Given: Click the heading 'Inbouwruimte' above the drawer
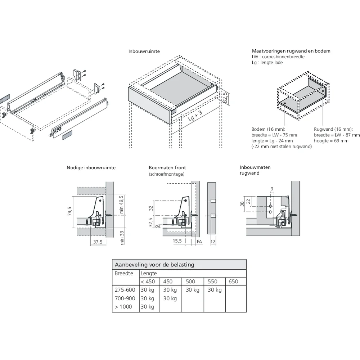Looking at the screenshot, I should click(144, 51).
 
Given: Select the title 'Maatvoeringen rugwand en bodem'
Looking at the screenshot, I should click(291, 51).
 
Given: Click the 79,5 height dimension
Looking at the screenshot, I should click(69, 212).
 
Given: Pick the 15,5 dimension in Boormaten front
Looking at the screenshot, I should click(177, 241).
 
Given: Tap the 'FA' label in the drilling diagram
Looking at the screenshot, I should click(199, 241).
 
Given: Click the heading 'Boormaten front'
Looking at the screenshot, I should click(167, 168).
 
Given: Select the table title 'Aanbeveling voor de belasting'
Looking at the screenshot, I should click(154, 265).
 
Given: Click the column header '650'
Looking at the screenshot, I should click(233, 282).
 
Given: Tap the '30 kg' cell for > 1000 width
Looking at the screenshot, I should click(147, 307).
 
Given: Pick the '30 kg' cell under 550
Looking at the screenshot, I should click(215, 290).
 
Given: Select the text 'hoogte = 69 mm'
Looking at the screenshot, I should click(331, 141).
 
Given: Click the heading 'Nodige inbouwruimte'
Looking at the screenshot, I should click(91, 168).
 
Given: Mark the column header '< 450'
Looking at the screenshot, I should click(148, 282).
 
